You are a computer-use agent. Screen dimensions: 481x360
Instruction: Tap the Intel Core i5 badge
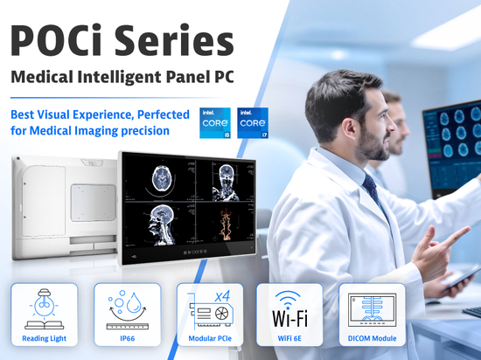coord(215,123)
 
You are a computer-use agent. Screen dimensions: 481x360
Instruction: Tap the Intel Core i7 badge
coord(253,123)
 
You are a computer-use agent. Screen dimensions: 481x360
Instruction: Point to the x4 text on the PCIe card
coord(222,296)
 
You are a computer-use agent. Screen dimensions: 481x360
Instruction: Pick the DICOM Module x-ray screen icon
coord(372,310)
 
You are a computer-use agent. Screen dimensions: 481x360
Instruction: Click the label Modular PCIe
coord(210,338)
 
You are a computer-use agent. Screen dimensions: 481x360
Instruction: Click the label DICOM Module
coord(372,338)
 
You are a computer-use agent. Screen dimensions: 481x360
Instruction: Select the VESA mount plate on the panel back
coord(94,203)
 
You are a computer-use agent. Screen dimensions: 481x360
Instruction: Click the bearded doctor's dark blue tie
coord(373,190)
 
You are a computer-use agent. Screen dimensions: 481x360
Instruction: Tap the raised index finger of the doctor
coord(456,237)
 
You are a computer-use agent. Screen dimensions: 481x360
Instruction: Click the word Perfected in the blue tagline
coord(164,114)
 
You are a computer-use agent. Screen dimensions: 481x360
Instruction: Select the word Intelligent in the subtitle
coord(119,77)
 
